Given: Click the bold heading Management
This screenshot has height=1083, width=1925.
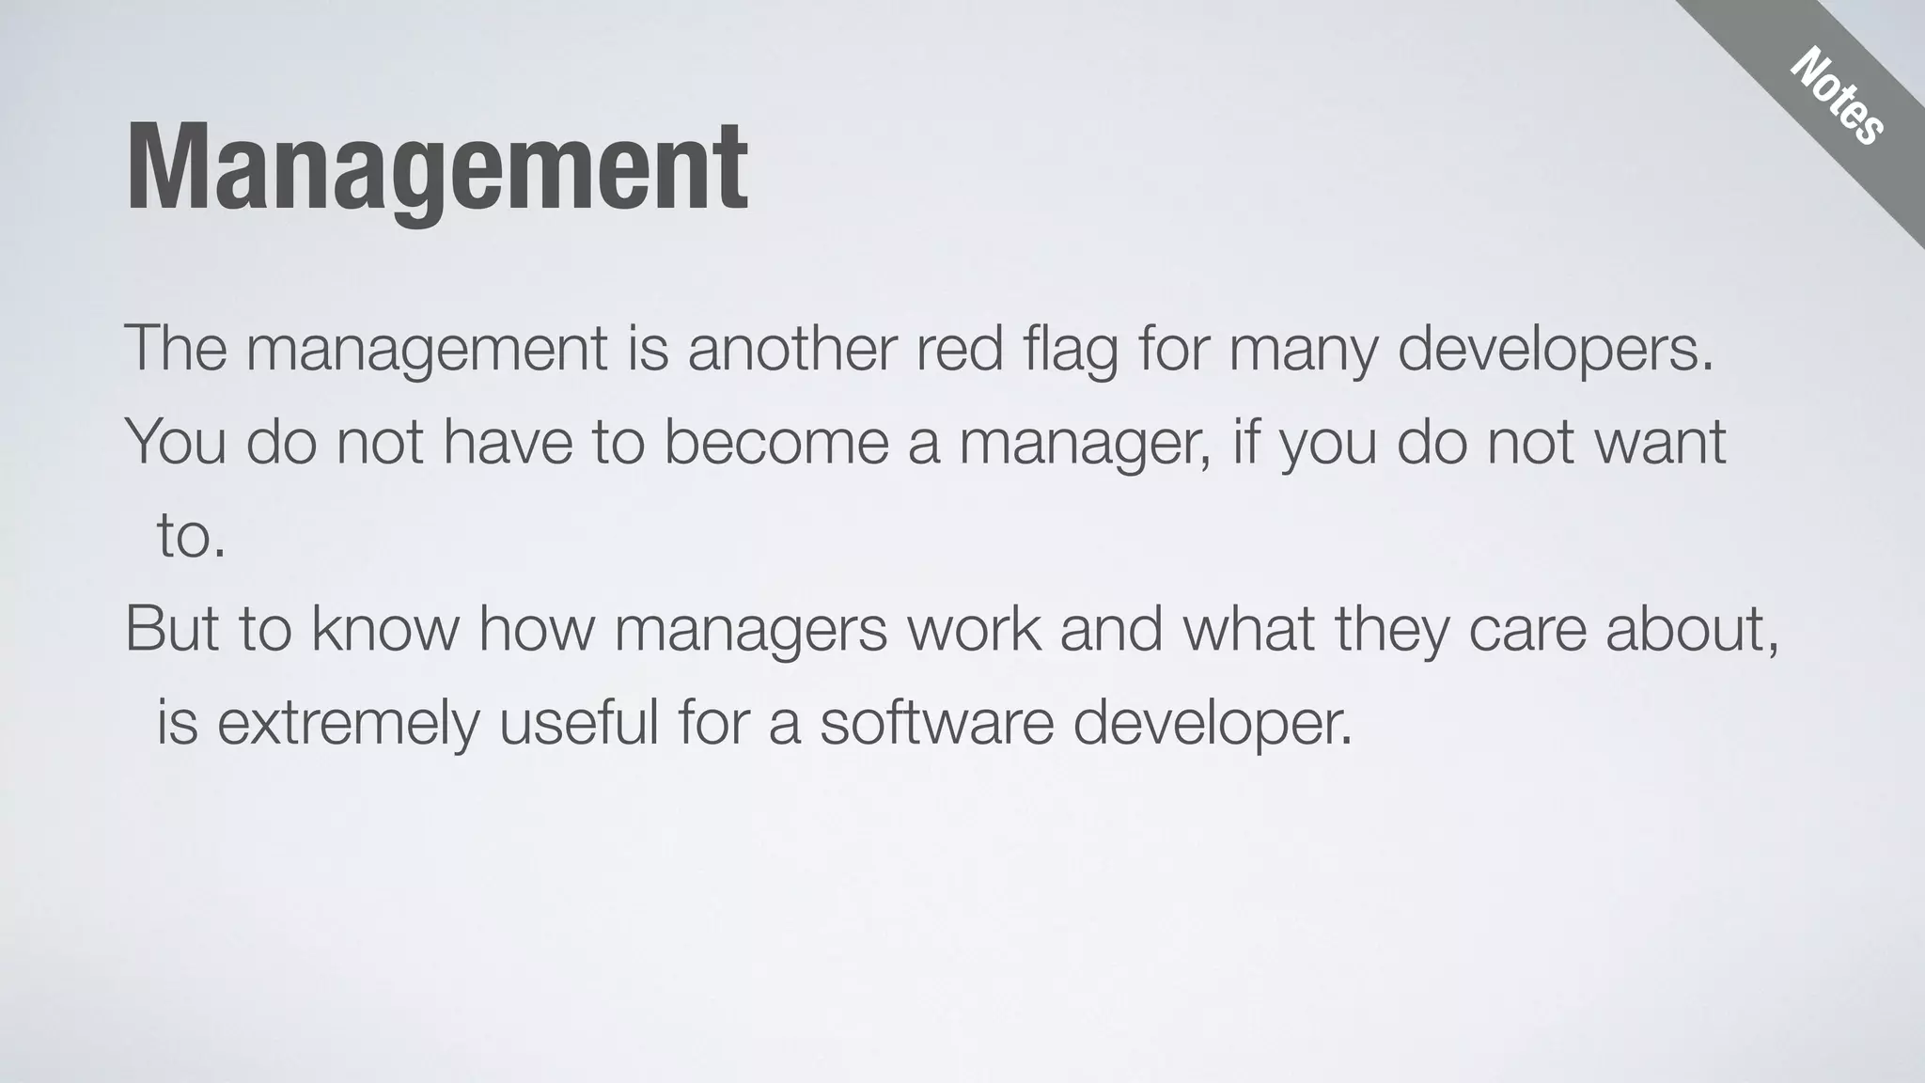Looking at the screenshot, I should [x=437, y=169].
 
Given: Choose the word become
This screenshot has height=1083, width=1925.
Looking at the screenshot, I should [x=775, y=442].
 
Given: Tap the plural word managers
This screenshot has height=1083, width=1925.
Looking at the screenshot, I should [x=750, y=630].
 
